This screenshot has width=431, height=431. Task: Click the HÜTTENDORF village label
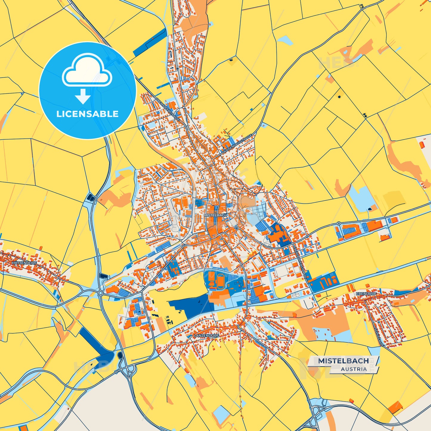coord(24,263)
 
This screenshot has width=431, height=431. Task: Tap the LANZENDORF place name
coord(206,336)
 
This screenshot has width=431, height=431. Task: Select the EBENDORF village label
coord(366,294)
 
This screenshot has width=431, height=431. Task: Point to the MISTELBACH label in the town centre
coord(216,215)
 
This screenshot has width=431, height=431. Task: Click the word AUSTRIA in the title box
coord(354,369)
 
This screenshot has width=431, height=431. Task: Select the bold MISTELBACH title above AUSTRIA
coord(343,361)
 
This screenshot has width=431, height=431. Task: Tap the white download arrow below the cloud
coord(83,96)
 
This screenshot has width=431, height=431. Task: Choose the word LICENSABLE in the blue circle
coord(87,114)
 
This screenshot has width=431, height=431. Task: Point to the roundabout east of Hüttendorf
coord(101,293)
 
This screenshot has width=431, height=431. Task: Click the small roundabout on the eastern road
coord(339,223)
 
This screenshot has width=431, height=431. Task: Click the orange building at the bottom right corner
coord(396,407)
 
